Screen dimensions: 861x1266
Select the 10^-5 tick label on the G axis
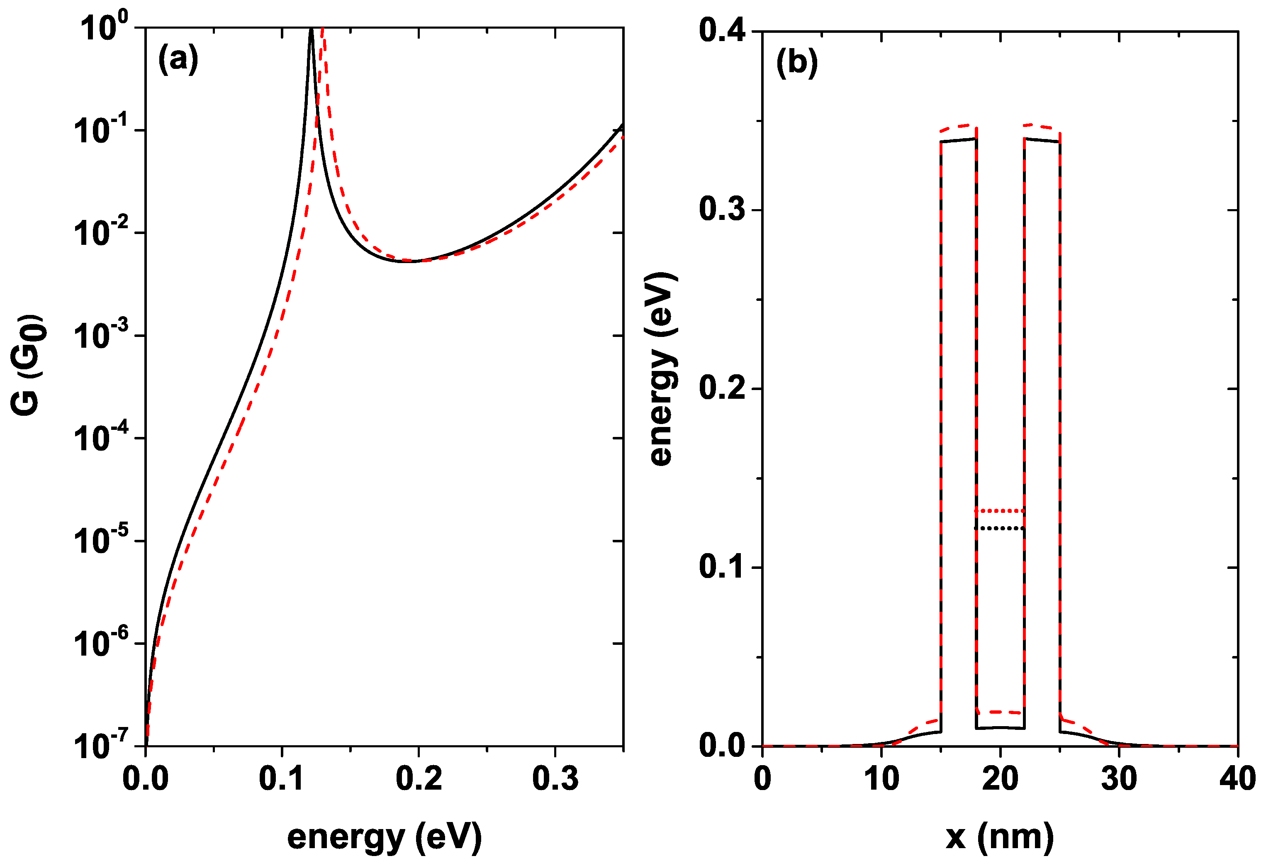tap(101, 539)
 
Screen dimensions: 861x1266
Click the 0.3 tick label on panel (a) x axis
tap(555, 778)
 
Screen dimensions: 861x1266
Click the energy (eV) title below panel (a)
tap(384, 837)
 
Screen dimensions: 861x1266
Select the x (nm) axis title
tap(999, 837)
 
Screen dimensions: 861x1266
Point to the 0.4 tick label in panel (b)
tap(721, 31)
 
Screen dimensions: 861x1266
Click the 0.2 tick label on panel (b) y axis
tap(721, 388)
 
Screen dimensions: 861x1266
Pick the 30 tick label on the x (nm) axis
tap(1118, 778)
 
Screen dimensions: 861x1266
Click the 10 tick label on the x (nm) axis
tap(881, 778)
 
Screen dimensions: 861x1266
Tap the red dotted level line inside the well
tap(999, 511)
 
